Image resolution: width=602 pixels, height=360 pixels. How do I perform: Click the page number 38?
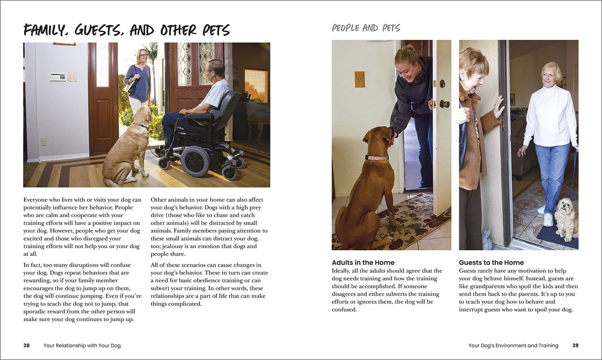[x=27, y=345]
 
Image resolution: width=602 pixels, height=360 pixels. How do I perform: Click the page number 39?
[x=575, y=345]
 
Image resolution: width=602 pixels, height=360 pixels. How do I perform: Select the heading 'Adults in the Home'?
[x=363, y=263]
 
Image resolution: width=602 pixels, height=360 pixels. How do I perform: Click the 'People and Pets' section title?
[x=366, y=28]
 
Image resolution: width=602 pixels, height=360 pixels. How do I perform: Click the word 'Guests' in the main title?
[x=99, y=31]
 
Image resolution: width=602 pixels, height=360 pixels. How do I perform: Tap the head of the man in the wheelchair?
[x=216, y=68]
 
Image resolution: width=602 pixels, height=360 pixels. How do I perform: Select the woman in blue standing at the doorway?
[x=138, y=80]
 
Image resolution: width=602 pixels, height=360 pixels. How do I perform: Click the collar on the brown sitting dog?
[x=377, y=158]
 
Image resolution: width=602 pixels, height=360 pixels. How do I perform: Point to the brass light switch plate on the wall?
[x=359, y=79]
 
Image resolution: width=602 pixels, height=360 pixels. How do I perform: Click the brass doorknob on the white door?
[x=443, y=104]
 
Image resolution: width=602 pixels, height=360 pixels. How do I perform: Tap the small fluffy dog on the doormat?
[x=566, y=219]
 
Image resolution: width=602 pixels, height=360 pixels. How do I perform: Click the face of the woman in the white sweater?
[x=550, y=75]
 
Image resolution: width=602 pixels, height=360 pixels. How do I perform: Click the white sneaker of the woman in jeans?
[x=548, y=219]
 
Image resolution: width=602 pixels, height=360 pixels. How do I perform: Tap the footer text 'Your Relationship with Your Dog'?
[x=82, y=345]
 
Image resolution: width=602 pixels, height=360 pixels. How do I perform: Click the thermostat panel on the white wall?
[x=58, y=77]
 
